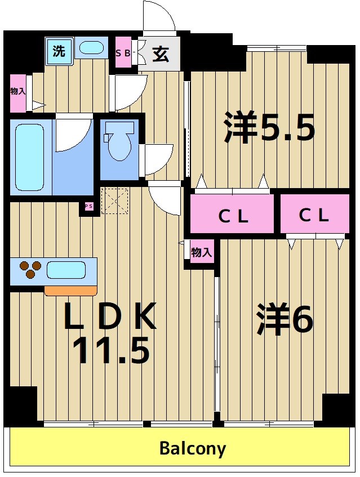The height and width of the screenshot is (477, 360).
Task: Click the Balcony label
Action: coord(193,449)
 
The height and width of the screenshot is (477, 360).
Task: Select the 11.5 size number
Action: coord(111,351)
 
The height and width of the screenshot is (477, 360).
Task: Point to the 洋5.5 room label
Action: coord(269,127)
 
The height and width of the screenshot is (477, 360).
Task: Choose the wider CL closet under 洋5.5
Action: coord(232,214)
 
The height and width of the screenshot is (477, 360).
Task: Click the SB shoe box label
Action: coord(123,54)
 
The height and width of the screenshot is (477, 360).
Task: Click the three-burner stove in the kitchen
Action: coord(29,270)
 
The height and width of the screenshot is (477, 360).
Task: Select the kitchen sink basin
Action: coord(66,270)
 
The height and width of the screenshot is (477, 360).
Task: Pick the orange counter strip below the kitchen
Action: coord(70,291)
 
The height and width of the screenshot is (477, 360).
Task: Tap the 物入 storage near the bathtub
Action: coord(17,92)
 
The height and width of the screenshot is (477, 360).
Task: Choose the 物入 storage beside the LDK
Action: coord(201,253)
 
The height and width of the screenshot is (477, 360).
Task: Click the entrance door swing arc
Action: coord(159,17)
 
